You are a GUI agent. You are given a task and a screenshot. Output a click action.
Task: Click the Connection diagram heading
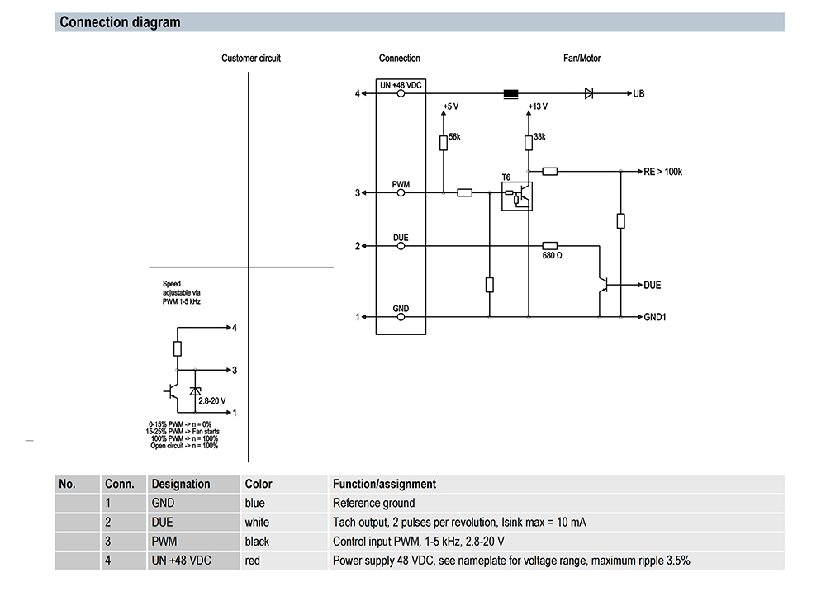click(120, 22)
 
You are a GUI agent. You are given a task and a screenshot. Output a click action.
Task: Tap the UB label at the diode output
click(638, 94)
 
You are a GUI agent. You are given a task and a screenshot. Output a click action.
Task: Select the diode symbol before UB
click(589, 94)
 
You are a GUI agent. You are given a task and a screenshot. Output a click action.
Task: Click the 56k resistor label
click(454, 136)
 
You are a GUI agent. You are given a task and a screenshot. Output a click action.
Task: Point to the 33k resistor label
click(539, 136)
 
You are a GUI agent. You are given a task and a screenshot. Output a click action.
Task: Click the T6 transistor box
click(517, 193)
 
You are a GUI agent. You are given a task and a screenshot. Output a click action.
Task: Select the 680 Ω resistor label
click(553, 256)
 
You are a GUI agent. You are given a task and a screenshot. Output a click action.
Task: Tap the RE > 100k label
click(663, 172)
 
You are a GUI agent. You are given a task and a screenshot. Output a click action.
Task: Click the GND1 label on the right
click(655, 317)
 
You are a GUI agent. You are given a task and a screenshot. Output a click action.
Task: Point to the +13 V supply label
click(538, 106)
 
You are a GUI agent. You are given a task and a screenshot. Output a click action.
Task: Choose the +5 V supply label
click(450, 106)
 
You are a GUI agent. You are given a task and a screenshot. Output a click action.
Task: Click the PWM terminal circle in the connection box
click(401, 193)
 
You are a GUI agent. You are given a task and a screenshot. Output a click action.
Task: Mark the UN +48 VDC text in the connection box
click(401, 85)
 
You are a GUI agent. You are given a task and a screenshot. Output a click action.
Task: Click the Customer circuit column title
click(251, 59)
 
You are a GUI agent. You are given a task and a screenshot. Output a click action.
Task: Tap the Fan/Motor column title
click(582, 59)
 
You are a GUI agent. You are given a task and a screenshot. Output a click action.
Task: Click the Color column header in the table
click(259, 485)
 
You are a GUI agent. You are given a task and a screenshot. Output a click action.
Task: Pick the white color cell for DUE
click(257, 523)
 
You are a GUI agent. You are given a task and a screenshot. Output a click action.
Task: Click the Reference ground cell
click(373, 504)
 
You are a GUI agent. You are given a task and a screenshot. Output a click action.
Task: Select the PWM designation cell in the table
click(164, 542)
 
